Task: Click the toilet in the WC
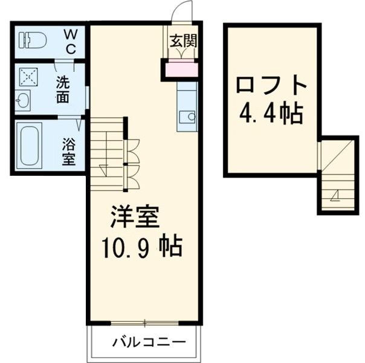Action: pyautogui.click(x=33, y=40)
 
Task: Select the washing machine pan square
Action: pyautogui.click(x=27, y=77)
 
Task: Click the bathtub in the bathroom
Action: pyautogui.click(x=28, y=146)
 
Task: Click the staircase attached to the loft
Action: pyautogui.click(x=337, y=175)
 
